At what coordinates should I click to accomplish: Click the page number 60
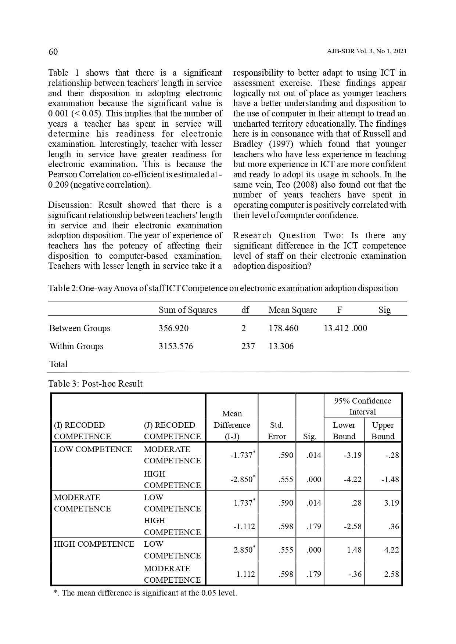[53, 52]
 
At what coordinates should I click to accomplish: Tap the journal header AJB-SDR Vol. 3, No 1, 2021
[367, 51]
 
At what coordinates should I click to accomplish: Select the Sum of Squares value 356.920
[173, 328]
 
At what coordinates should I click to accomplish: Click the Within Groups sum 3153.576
[176, 346]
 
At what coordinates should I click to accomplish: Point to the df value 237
[248, 346]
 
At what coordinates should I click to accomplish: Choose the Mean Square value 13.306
[281, 346]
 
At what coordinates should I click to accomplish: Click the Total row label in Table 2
[58, 364]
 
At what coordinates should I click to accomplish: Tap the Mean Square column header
[292, 310]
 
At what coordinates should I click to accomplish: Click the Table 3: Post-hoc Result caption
[96, 384]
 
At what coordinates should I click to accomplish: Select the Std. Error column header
[277, 431]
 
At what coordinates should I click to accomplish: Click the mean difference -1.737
[241, 455]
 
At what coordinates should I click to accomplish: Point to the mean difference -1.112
[244, 527]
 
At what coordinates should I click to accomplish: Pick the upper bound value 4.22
[391, 550]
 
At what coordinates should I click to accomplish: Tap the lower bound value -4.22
[352, 480]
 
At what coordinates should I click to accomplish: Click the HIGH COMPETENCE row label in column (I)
[94, 544]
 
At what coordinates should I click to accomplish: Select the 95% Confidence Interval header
[363, 406]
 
